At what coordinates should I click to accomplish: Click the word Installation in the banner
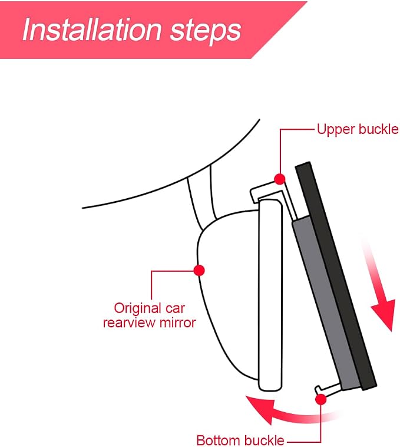pyautogui.click(x=92, y=29)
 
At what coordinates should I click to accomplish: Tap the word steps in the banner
pyautogui.click(x=206, y=31)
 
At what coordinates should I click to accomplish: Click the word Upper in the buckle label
pyautogui.click(x=336, y=130)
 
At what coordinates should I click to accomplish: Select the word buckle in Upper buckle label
pyautogui.click(x=378, y=129)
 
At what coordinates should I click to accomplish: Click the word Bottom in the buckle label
pyautogui.click(x=219, y=440)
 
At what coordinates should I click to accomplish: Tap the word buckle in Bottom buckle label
pyautogui.click(x=264, y=440)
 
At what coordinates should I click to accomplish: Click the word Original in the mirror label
pyautogui.click(x=134, y=309)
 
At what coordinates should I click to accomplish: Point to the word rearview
pyautogui.click(x=130, y=323)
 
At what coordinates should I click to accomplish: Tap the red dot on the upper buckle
pyautogui.click(x=280, y=179)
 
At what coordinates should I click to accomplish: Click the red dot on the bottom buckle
pyautogui.click(x=321, y=399)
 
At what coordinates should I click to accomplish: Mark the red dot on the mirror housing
pyautogui.click(x=199, y=270)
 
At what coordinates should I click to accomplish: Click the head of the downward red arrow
pyautogui.click(x=384, y=314)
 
